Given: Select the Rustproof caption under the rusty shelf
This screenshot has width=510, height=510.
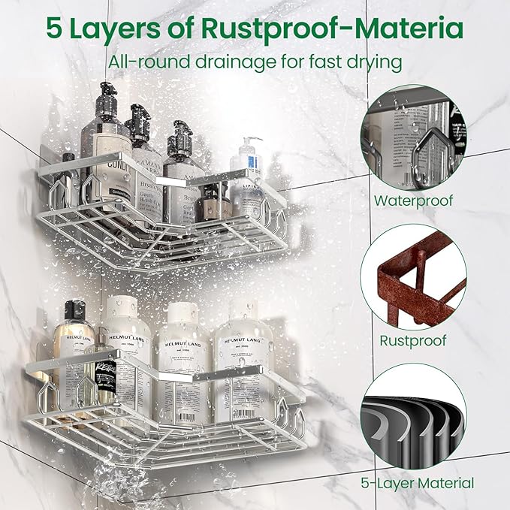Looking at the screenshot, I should pos(413,340).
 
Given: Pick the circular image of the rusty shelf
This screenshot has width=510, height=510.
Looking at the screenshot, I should pos(413,276).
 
